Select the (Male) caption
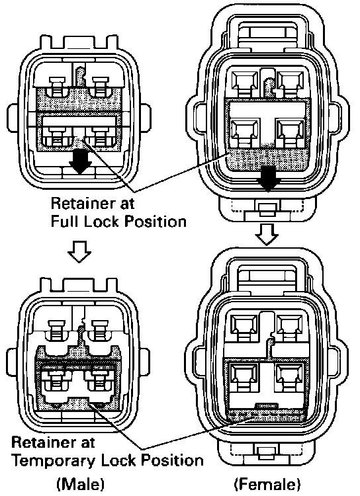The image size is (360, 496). coord(81,484)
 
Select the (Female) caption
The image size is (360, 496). coord(267,484)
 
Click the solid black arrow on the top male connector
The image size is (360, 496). coord(81,162)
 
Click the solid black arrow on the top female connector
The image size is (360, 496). coord(269,179)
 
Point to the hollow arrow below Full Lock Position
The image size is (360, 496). coord(79,251)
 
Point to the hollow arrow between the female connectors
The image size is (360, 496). coord(267,234)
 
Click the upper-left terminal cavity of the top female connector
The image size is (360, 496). coord(245,82)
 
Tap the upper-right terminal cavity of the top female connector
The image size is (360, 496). coord(291,82)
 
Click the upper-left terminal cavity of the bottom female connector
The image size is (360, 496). coord(244,327)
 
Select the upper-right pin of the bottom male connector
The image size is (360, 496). coord(100,330)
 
